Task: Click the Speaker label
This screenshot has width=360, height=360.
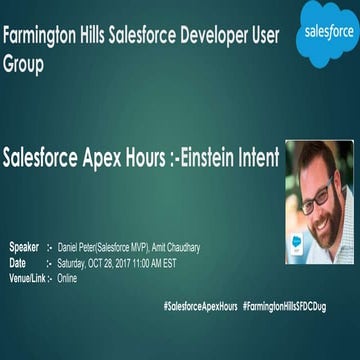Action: coord(24,245)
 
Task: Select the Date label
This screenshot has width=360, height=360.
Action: coord(18,262)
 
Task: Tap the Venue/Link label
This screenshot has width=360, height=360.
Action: coord(27,278)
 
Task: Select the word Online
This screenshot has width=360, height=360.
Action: coord(67,278)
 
